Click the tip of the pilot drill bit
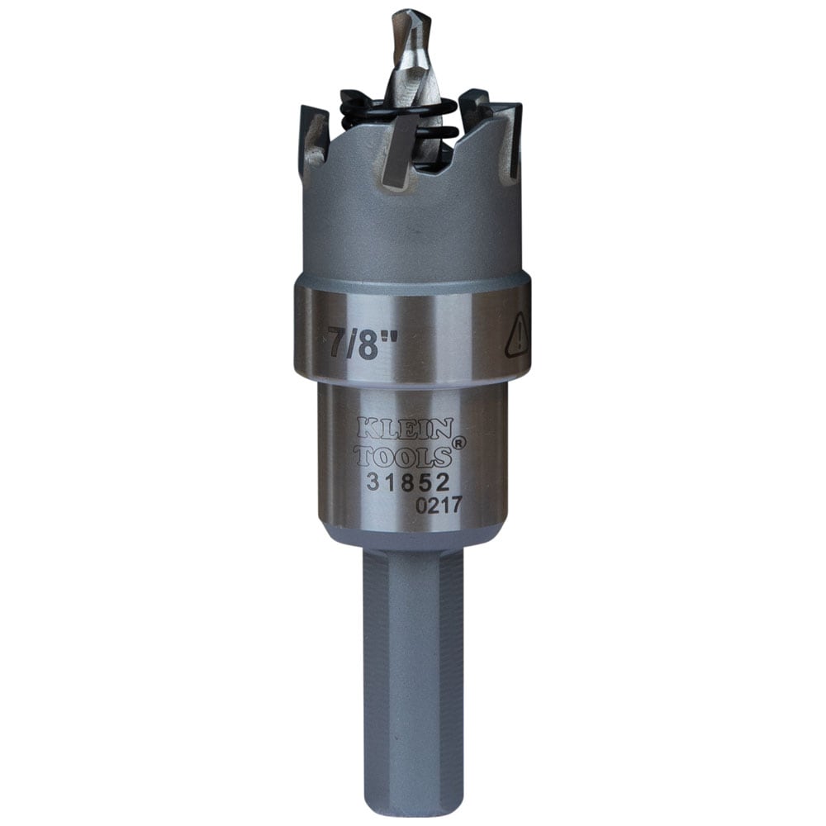click(406, 15)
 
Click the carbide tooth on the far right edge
click(513, 136)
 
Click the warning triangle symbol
click(518, 336)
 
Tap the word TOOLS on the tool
click(402, 455)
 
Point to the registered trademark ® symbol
click(459, 443)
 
